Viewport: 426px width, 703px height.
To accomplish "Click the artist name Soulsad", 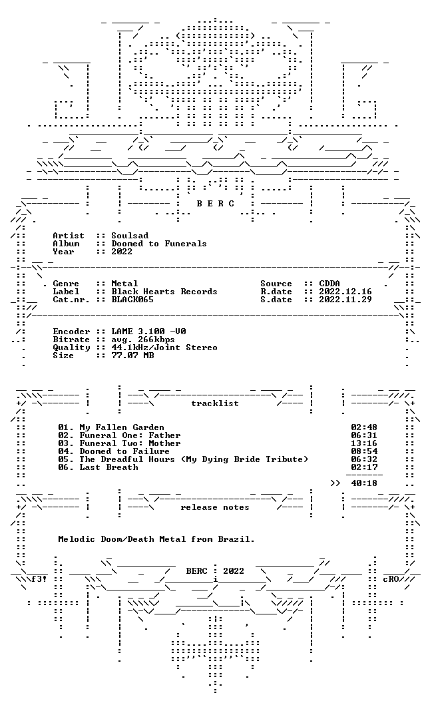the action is click(x=130, y=236).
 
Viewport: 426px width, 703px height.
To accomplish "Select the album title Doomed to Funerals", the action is click(x=159, y=244).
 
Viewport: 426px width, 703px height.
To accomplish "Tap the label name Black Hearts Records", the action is click(x=164, y=292).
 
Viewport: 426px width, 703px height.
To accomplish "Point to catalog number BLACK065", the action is click(x=132, y=300).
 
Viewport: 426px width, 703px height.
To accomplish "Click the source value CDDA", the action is click(x=329, y=284).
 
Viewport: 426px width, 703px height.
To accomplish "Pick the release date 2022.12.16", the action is click(x=345, y=292).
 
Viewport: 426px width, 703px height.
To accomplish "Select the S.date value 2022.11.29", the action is click(x=345, y=300).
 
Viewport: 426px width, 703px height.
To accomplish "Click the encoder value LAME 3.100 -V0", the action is click(x=149, y=332).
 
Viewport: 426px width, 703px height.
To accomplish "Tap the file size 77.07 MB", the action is click(x=132, y=355).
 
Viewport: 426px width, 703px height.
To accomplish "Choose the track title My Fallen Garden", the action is click(x=122, y=427).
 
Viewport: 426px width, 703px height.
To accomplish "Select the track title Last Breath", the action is click(x=109, y=467).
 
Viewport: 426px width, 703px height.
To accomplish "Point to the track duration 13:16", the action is click(x=364, y=443).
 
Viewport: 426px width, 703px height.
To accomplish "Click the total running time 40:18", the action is click(x=364, y=483).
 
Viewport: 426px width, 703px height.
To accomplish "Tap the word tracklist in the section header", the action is click(x=215, y=403).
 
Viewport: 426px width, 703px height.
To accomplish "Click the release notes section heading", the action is click(x=215, y=507).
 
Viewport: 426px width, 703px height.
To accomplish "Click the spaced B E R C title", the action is click(x=215, y=204).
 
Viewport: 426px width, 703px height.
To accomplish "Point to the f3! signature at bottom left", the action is click(x=39, y=579).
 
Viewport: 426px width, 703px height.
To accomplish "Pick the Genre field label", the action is click(x=66, y=284).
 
